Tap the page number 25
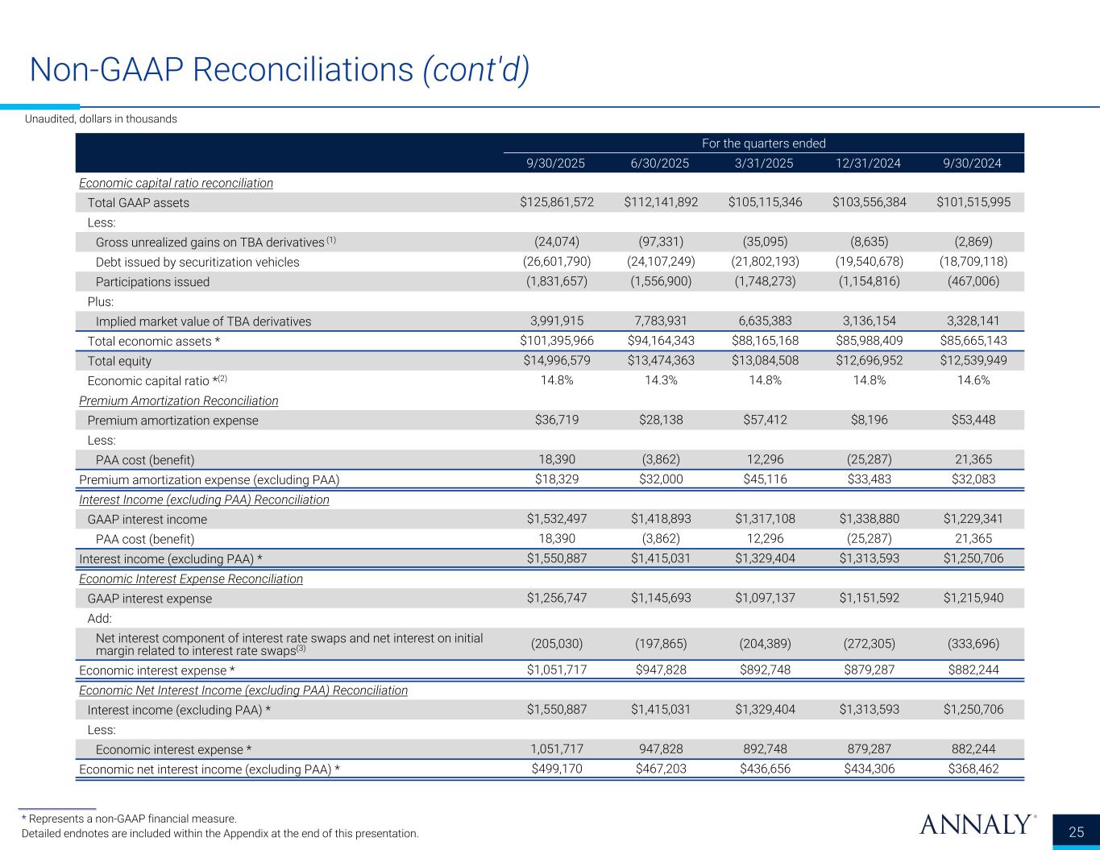click(1077, 832)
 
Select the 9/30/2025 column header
click(555, 163)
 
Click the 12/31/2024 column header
click(868, 163)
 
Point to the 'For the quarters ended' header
click(763, 143)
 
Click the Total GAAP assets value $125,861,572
click(557, 202)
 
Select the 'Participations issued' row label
click(152, 282)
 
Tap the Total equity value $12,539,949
click(971, 361)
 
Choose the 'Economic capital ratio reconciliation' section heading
click(176, 183)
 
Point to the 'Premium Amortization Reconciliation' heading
click(179, 401)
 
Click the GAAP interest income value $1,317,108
click(764, 520)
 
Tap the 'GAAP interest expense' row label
click(149, 599)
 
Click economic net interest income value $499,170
click(557, 769)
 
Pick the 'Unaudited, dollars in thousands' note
click(101, 119)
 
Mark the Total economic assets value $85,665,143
click(971, 342)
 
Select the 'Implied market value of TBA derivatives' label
click(203, 321)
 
